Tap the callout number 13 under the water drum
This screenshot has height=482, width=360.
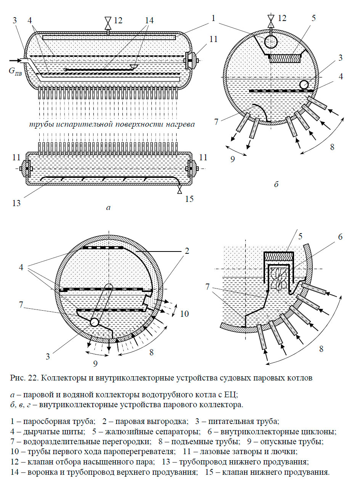(16, 203)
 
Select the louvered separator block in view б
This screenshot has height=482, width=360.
(285, 58)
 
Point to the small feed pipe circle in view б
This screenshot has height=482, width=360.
(304, 85)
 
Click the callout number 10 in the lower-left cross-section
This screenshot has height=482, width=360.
(184, 314)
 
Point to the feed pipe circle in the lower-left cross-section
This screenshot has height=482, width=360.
(94, 322)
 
